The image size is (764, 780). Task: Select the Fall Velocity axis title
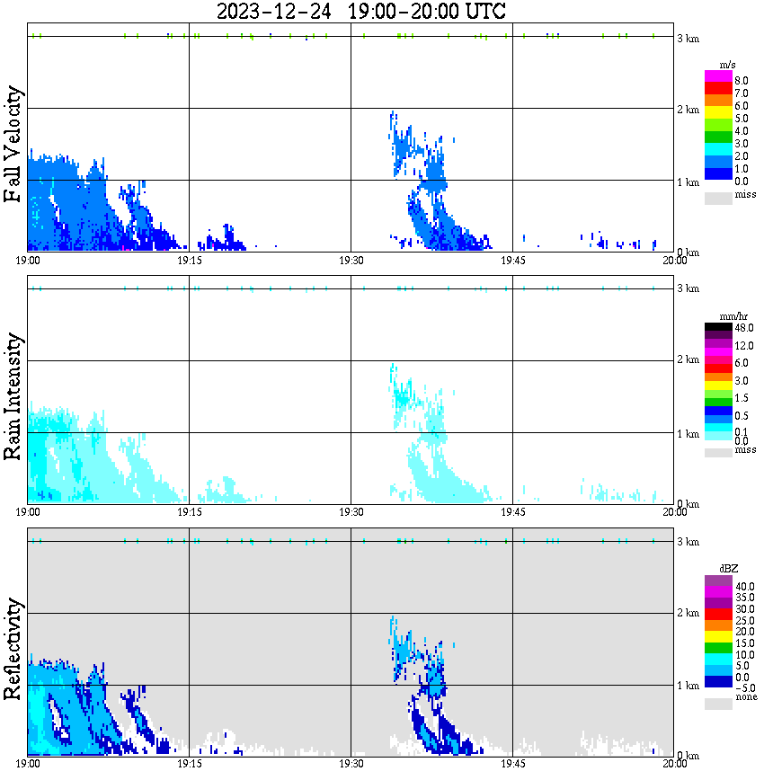pos(13,144)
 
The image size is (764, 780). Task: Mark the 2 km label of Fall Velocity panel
pos(688,110)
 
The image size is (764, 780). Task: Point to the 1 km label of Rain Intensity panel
pos(688,434)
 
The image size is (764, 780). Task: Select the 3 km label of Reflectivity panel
pos(688,542)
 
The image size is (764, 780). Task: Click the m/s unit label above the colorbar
pos(728,66)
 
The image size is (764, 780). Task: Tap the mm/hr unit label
pos(728,317)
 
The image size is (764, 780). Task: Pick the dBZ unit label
pos(728,569)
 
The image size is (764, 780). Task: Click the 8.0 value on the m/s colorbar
pos(741,80)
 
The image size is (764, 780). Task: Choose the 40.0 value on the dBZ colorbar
pos(742,586)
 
